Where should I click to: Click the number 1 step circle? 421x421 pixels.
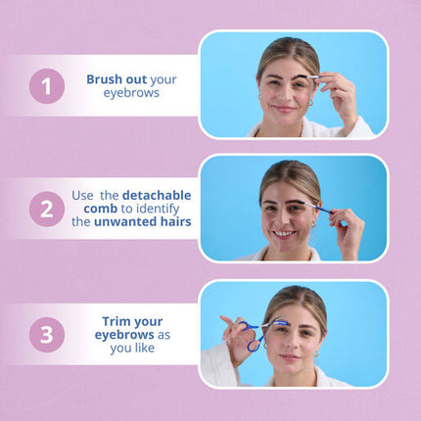pyautogui.click(x=47, y=86)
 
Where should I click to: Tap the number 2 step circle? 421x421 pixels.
pyautogui.click(x=47, y=209)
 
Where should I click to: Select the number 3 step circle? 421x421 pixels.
pyautogui.click(x=47, y=335)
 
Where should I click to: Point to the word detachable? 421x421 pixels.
pyautogui.click(x=157, y=195)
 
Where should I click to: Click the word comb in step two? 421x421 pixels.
pyautogui.click(x=101, y=209)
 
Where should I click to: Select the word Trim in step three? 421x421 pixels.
pyautogui.click(x=117, y=321)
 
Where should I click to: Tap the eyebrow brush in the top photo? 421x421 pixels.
pyautogui.click(x=310, y=76)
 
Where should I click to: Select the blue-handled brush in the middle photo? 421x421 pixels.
pyautogui.click(x=317, y=207)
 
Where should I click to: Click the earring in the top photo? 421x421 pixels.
pyautogui.click(x=310, y=103)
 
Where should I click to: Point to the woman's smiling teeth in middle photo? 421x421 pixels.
pyautogui.click(x=284, y=234)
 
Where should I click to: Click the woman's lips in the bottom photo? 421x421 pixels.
pyautogui.click(x=290, y=357)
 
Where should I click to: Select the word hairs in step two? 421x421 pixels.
pyautogui.click(x=176, y=222)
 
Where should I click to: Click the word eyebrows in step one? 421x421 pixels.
pyautogui.click(x=131, y=93)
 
